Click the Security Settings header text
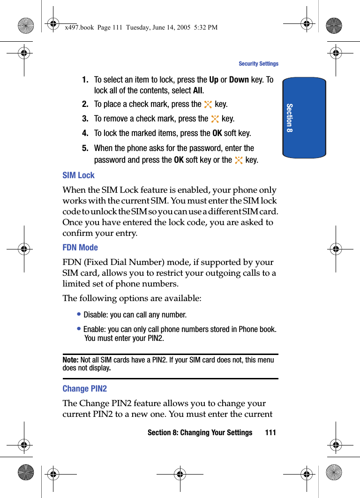pos(258,64)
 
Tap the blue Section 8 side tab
pos(304,118)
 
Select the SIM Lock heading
pos(78,175)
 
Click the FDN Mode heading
pos(80,248)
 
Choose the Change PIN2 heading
pos(84,389)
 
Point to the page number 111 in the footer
pos(270,432)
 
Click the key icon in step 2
pos(208,105)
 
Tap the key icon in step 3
pos(215,119)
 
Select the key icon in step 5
pos(239,160)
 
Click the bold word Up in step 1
pos(214,80)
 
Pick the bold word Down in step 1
pos(239,80)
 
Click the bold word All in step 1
pos(198,91)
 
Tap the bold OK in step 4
pos(217,134)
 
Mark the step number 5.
pos(85,148)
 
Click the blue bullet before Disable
pos(79,315)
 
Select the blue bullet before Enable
pos(79,329)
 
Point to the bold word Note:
pos(70,360)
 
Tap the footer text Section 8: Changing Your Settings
pos(200,432)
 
